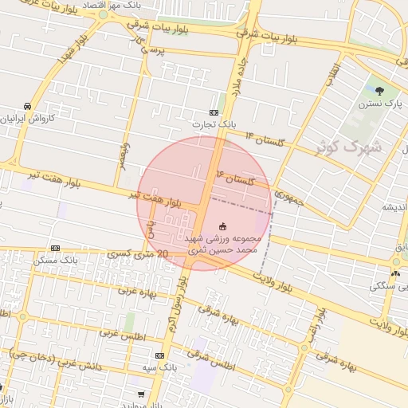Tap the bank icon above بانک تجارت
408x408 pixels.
pos(214,113)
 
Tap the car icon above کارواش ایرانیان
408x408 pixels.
pos(27,106)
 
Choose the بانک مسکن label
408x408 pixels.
pos(57,261)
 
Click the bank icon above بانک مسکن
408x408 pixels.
pos(55,249)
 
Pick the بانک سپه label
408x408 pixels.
pos(162,367)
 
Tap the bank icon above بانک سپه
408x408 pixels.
pos(160,355)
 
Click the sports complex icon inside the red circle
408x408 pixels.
pos(222,226)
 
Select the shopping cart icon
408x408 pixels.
pos(140,394)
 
